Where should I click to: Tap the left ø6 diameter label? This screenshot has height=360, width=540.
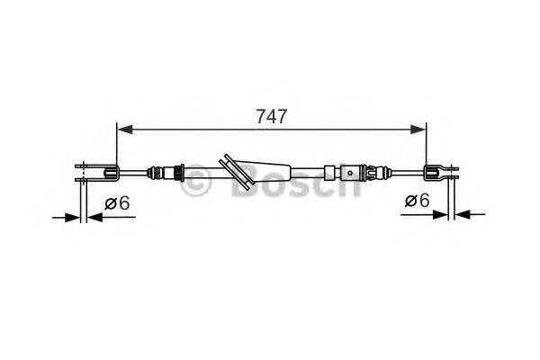pyautogui.click(x=117, y=203)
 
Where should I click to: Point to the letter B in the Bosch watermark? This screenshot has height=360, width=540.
pyautogui.click(x=245, y=184)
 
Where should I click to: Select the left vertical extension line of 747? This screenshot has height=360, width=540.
pyautogui.click(x=117, y=144)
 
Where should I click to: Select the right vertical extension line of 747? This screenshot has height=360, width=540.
pyautogui.click(x=425, y=144)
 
